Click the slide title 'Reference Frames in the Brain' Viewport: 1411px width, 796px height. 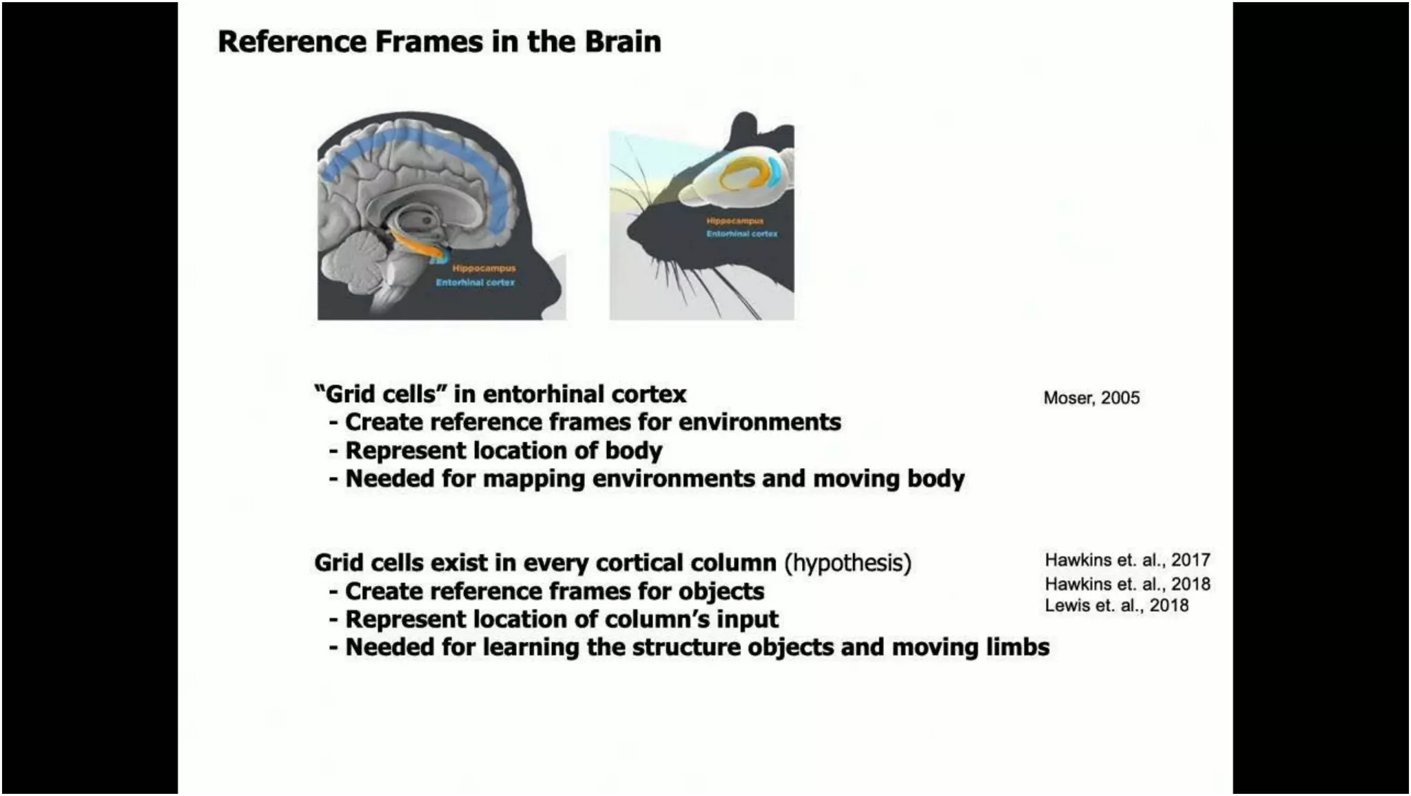coord(439,41)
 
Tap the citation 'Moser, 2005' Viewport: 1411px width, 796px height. coord(1091,398)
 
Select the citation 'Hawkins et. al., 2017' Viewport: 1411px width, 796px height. coord(1127,560)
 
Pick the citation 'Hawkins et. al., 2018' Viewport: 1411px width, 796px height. coord(1127,584)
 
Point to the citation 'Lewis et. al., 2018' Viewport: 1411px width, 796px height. coord(1116,605)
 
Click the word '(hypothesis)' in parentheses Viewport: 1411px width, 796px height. coord(847,562)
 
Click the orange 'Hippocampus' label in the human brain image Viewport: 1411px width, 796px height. coord(484,268)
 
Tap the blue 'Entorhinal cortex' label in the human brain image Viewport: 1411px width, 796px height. coord(475,282)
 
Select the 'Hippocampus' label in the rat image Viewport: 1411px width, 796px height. coord(734,221)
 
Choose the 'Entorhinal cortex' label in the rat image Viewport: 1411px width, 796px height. coord(741,234)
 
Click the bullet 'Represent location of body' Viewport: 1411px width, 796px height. coord(503,450)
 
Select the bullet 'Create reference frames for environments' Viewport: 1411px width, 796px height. coord(593,422)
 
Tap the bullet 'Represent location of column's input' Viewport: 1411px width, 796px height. coord(562,619)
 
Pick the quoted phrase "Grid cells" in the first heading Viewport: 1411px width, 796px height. coord(375,394)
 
